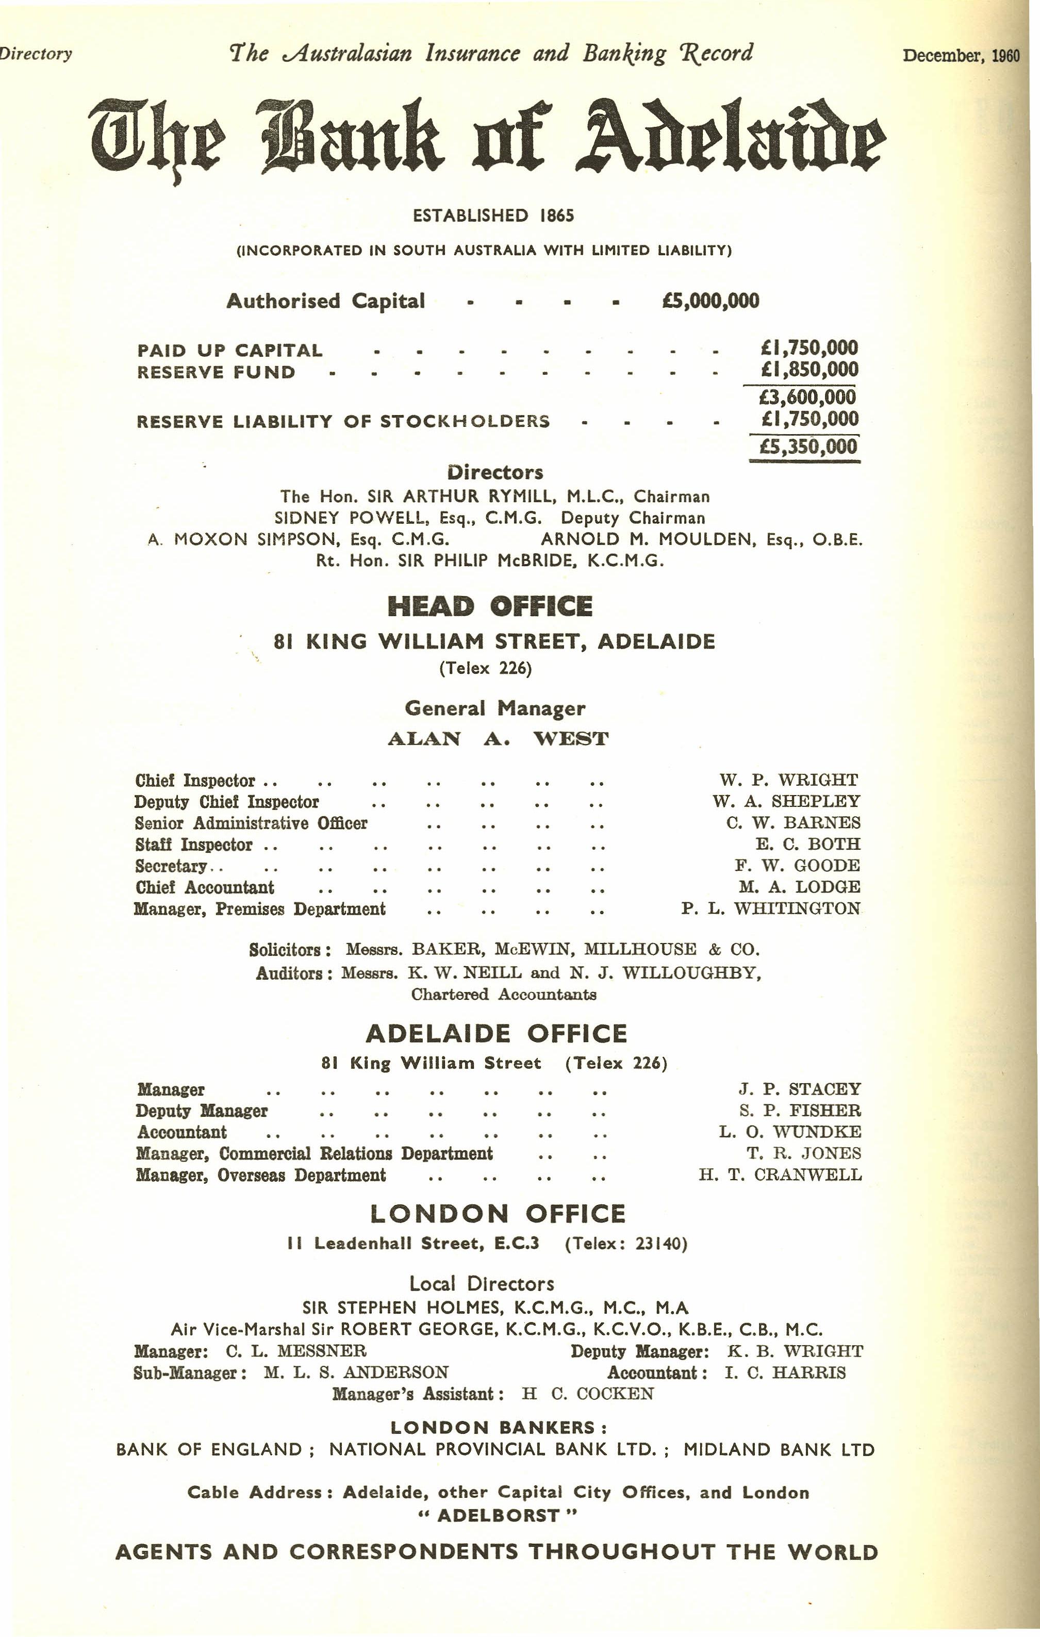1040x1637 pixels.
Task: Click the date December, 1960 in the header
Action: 961,55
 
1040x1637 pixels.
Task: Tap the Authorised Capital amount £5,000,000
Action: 711,301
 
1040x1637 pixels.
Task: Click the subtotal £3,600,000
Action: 807,397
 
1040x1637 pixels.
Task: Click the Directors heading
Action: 495,472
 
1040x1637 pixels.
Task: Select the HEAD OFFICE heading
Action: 489,606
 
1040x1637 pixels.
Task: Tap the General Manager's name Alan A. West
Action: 498,739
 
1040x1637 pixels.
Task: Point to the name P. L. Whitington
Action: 771,909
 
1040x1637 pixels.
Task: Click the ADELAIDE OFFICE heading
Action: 496,1034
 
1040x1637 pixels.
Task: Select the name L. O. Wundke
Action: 790,1132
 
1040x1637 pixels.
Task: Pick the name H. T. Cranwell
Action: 780,1175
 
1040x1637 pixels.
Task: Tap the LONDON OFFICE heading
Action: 498,1214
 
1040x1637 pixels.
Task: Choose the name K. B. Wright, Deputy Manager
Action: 795,1351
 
